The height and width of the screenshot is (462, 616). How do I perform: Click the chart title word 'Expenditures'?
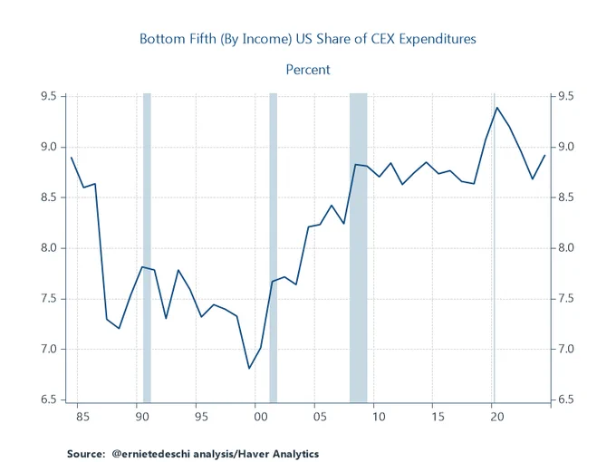tap(438, 39)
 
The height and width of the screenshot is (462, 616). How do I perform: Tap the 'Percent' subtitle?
tap(308, 70)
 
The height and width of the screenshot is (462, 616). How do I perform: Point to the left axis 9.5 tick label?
tap(49, 96)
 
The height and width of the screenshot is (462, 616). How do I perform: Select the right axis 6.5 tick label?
tap(566, 399)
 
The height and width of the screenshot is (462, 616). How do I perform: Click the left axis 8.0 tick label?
tap(49, 248)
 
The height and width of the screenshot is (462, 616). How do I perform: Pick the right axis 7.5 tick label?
tap(566, 299)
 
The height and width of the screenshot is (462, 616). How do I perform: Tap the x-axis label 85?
tap(83, 417)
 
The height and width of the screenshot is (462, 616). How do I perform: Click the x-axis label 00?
tap(261, 417)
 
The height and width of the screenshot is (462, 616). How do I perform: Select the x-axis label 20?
tap(497, 417)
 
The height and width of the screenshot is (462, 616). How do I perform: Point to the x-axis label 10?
tap(379, 417)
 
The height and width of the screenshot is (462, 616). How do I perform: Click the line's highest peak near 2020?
tap(497, 108)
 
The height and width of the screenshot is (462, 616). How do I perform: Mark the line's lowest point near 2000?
tap(249, 368)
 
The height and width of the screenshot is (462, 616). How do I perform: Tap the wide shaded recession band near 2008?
tap(359, 248)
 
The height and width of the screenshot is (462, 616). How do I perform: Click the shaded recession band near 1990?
tap(147, 248)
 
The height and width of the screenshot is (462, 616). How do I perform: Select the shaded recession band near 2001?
tap(273, 248)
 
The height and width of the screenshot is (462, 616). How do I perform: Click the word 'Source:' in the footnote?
tap(86, 454)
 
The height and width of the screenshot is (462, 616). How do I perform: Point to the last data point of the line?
tap(544, 156)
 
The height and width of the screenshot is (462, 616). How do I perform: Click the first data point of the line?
tap(72, 158)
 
